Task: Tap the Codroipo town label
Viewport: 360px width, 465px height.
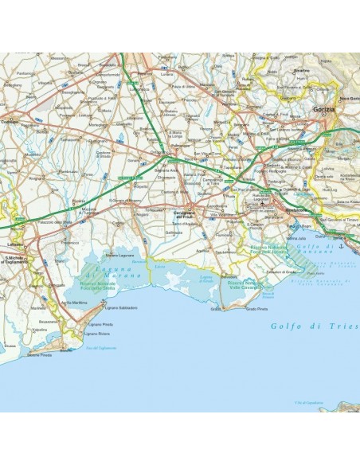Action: [10, 121]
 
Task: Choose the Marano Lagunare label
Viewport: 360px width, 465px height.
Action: [119, 254]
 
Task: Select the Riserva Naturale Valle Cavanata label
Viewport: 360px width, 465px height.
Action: [244, 283]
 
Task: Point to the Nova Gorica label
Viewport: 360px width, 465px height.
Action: [349, 98]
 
